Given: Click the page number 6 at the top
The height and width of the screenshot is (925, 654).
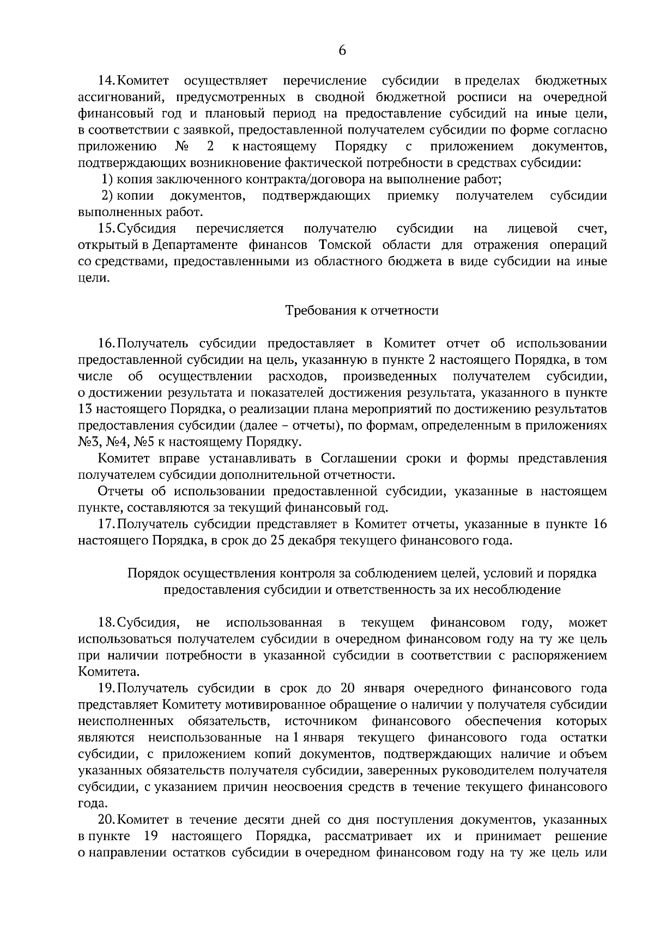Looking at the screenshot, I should point(342,51).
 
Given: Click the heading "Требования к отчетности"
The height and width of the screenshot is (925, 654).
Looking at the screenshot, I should point(362,311).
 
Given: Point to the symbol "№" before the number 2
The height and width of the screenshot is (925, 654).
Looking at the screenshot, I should point(181,147).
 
